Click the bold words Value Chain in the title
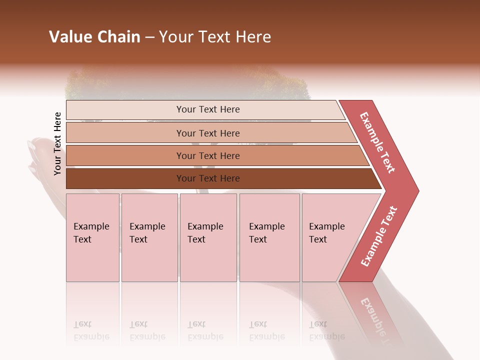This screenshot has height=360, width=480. pos(94,37)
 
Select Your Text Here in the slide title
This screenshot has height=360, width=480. pos(215,37)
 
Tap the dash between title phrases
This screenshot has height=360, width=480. pos(149,37)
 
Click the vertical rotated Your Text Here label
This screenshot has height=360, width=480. pos(58,143)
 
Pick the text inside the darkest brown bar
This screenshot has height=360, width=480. pos(208,178)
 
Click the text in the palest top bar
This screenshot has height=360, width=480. pos(208,109)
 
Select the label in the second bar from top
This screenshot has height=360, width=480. pos(208,133)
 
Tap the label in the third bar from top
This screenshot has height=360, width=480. pos(208,156)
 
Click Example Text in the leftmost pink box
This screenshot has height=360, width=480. pos(91,233)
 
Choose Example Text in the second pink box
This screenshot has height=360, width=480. pos(147,233)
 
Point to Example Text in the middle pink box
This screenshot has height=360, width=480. pos(205,233)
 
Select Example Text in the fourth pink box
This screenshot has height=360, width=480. pos(266,233)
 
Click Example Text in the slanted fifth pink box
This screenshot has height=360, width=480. pos(326,233)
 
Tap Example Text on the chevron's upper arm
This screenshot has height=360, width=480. pos(377,142)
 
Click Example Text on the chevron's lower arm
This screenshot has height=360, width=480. pos(379,236)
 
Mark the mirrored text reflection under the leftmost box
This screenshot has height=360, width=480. pos(91,330)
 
